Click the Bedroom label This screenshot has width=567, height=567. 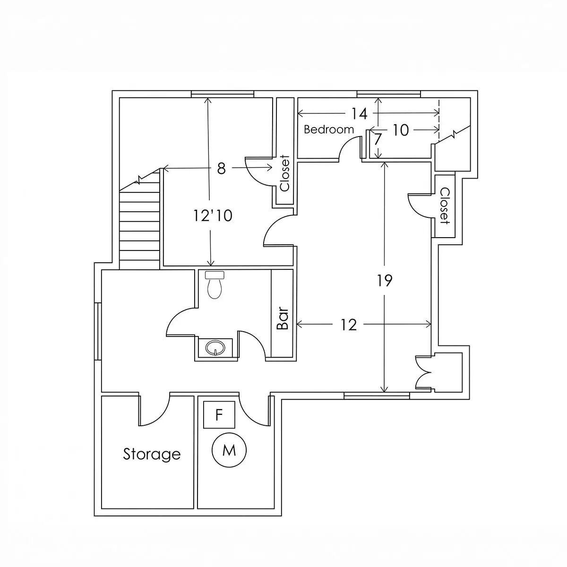329,129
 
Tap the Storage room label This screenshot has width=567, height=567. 152,454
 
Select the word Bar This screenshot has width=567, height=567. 283,318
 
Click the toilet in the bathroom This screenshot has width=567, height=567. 215,285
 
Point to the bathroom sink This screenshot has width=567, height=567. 215,347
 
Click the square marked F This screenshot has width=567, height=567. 219,414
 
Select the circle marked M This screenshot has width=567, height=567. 229,450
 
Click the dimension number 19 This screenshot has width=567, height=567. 385,280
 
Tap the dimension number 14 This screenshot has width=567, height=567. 360,113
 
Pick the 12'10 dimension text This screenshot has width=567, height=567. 213,215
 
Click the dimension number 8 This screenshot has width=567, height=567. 221,169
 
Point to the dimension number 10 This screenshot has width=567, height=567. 401,130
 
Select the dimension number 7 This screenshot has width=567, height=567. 378,139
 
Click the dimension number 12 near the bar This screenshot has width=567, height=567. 349,325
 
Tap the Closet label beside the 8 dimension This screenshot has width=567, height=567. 285,173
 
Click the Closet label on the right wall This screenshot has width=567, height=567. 445,206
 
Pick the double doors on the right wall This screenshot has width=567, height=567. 423,373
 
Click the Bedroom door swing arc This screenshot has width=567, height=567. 346,144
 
